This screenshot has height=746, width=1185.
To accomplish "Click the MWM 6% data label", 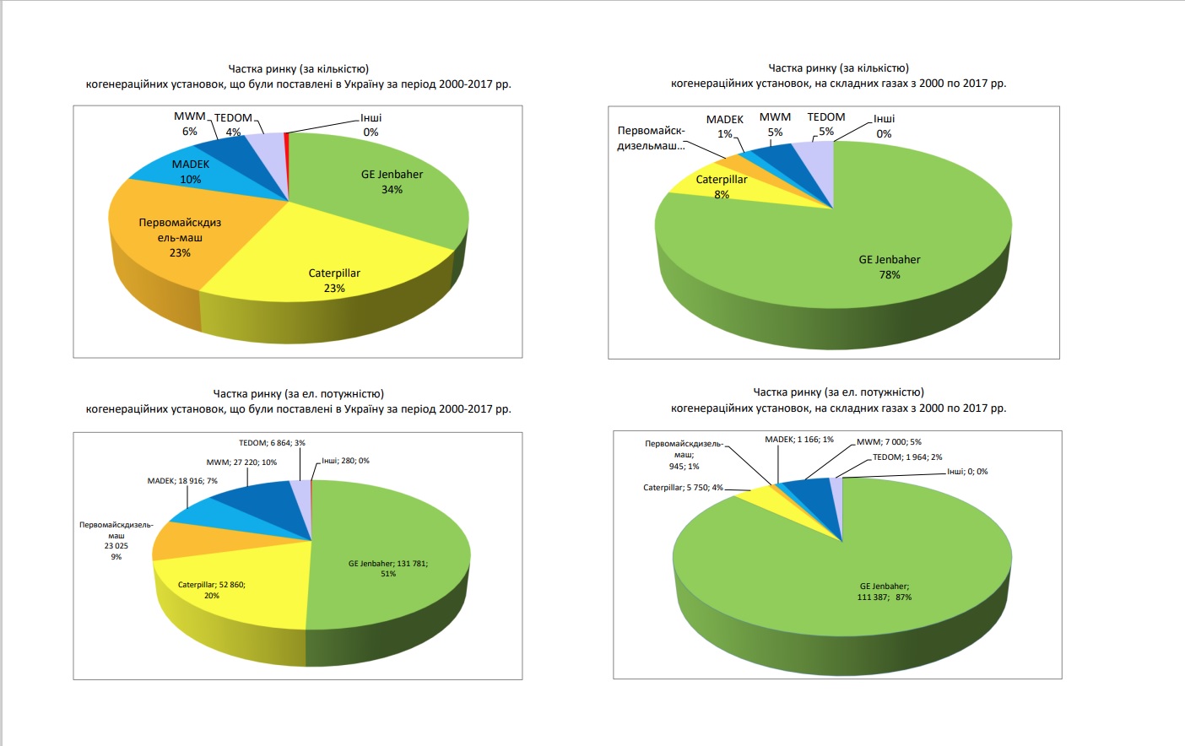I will point(190,123).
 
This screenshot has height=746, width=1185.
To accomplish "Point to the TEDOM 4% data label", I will point(233,125).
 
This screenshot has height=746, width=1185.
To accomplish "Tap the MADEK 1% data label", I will point(725,127).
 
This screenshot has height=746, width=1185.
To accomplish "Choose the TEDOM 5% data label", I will point(825,124).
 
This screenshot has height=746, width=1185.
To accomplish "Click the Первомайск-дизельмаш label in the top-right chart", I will point(651,138).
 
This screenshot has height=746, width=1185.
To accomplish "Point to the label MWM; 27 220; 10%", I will point(241,462).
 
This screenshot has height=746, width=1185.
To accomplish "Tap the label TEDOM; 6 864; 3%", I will point(272,443).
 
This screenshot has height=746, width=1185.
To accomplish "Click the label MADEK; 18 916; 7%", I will point(182,481).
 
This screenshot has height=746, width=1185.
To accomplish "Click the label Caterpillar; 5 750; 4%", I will point(683,488).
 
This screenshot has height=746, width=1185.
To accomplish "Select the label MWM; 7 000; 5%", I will point(889,442).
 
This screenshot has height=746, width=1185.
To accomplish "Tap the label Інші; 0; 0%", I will point(967,472).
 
